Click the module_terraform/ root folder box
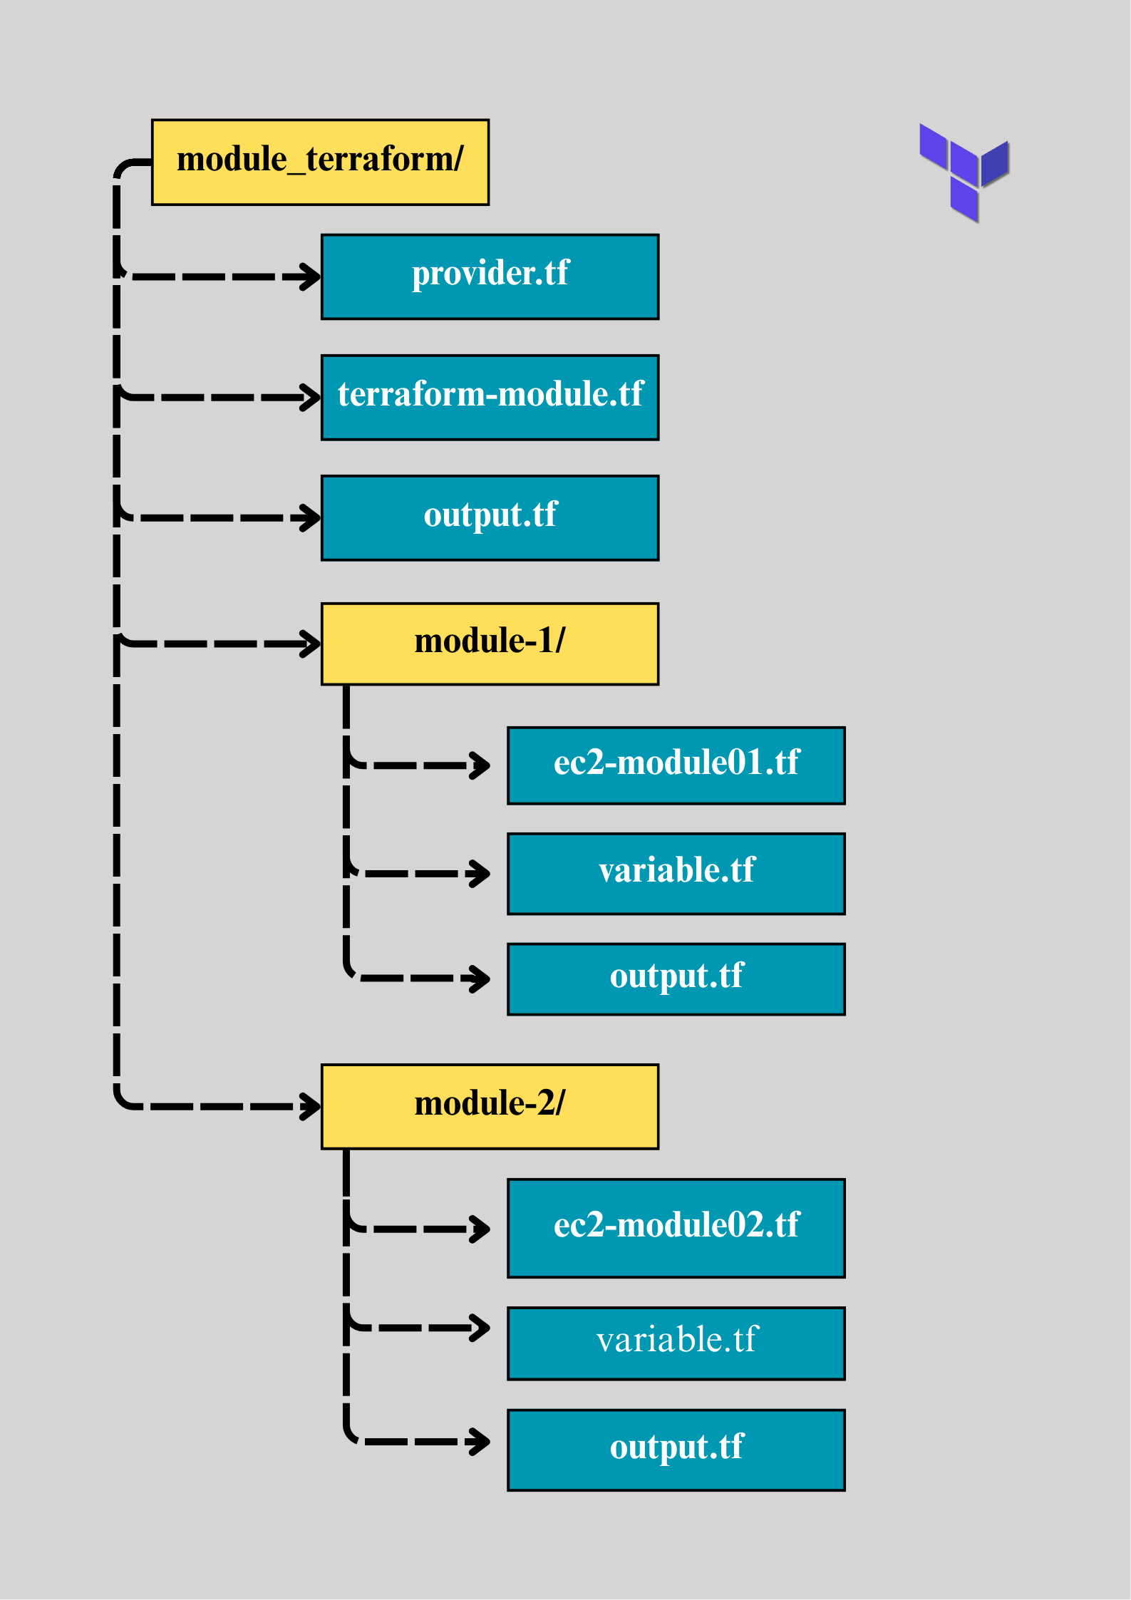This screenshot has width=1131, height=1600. tap(320, 162)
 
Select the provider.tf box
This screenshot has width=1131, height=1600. tap(490, 277)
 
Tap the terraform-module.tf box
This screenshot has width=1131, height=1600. tap(490, 397)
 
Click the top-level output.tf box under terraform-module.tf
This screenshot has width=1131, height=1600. tap(490, 517)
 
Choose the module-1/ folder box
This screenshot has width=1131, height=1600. tap(490, 644)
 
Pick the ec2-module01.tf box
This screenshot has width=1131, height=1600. tap(676, 765)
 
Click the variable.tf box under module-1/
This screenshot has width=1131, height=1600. tap(676, 873)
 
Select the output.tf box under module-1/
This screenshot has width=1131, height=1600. tap(676, 979)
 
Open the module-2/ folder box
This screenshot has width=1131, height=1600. tap(490, 1106)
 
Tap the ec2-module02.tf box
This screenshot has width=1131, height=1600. tap(676, 1227)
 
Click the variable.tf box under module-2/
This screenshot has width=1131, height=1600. tap(676, 1343)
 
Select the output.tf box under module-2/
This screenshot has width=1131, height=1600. tap(676, 1450)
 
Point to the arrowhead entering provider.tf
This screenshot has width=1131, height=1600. tap(310, 277)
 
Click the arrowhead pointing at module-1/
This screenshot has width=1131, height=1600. tap(310, 644)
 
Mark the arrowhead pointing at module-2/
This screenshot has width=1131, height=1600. tap(310, 1106)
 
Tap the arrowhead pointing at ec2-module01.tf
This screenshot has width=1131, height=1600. tap(480, 765)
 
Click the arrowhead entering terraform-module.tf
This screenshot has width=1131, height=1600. tap(310, 397)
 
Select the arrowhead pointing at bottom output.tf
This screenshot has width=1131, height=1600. tap(480, 1441)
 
